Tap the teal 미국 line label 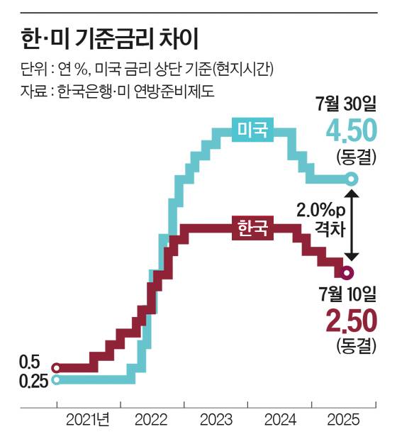point(252,129)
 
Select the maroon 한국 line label point(252,228)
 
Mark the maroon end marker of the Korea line point(347,272)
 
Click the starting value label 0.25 point(26,381)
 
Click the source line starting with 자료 point(113,90)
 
